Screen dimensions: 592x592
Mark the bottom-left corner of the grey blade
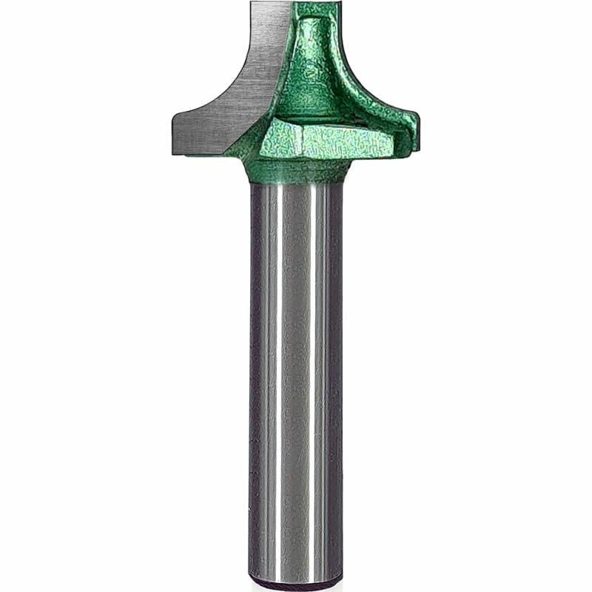175,152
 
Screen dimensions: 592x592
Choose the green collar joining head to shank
296,172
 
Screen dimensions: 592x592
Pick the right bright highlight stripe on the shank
320,370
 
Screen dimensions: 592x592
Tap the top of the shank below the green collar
296,188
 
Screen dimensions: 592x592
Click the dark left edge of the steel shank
253,370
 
